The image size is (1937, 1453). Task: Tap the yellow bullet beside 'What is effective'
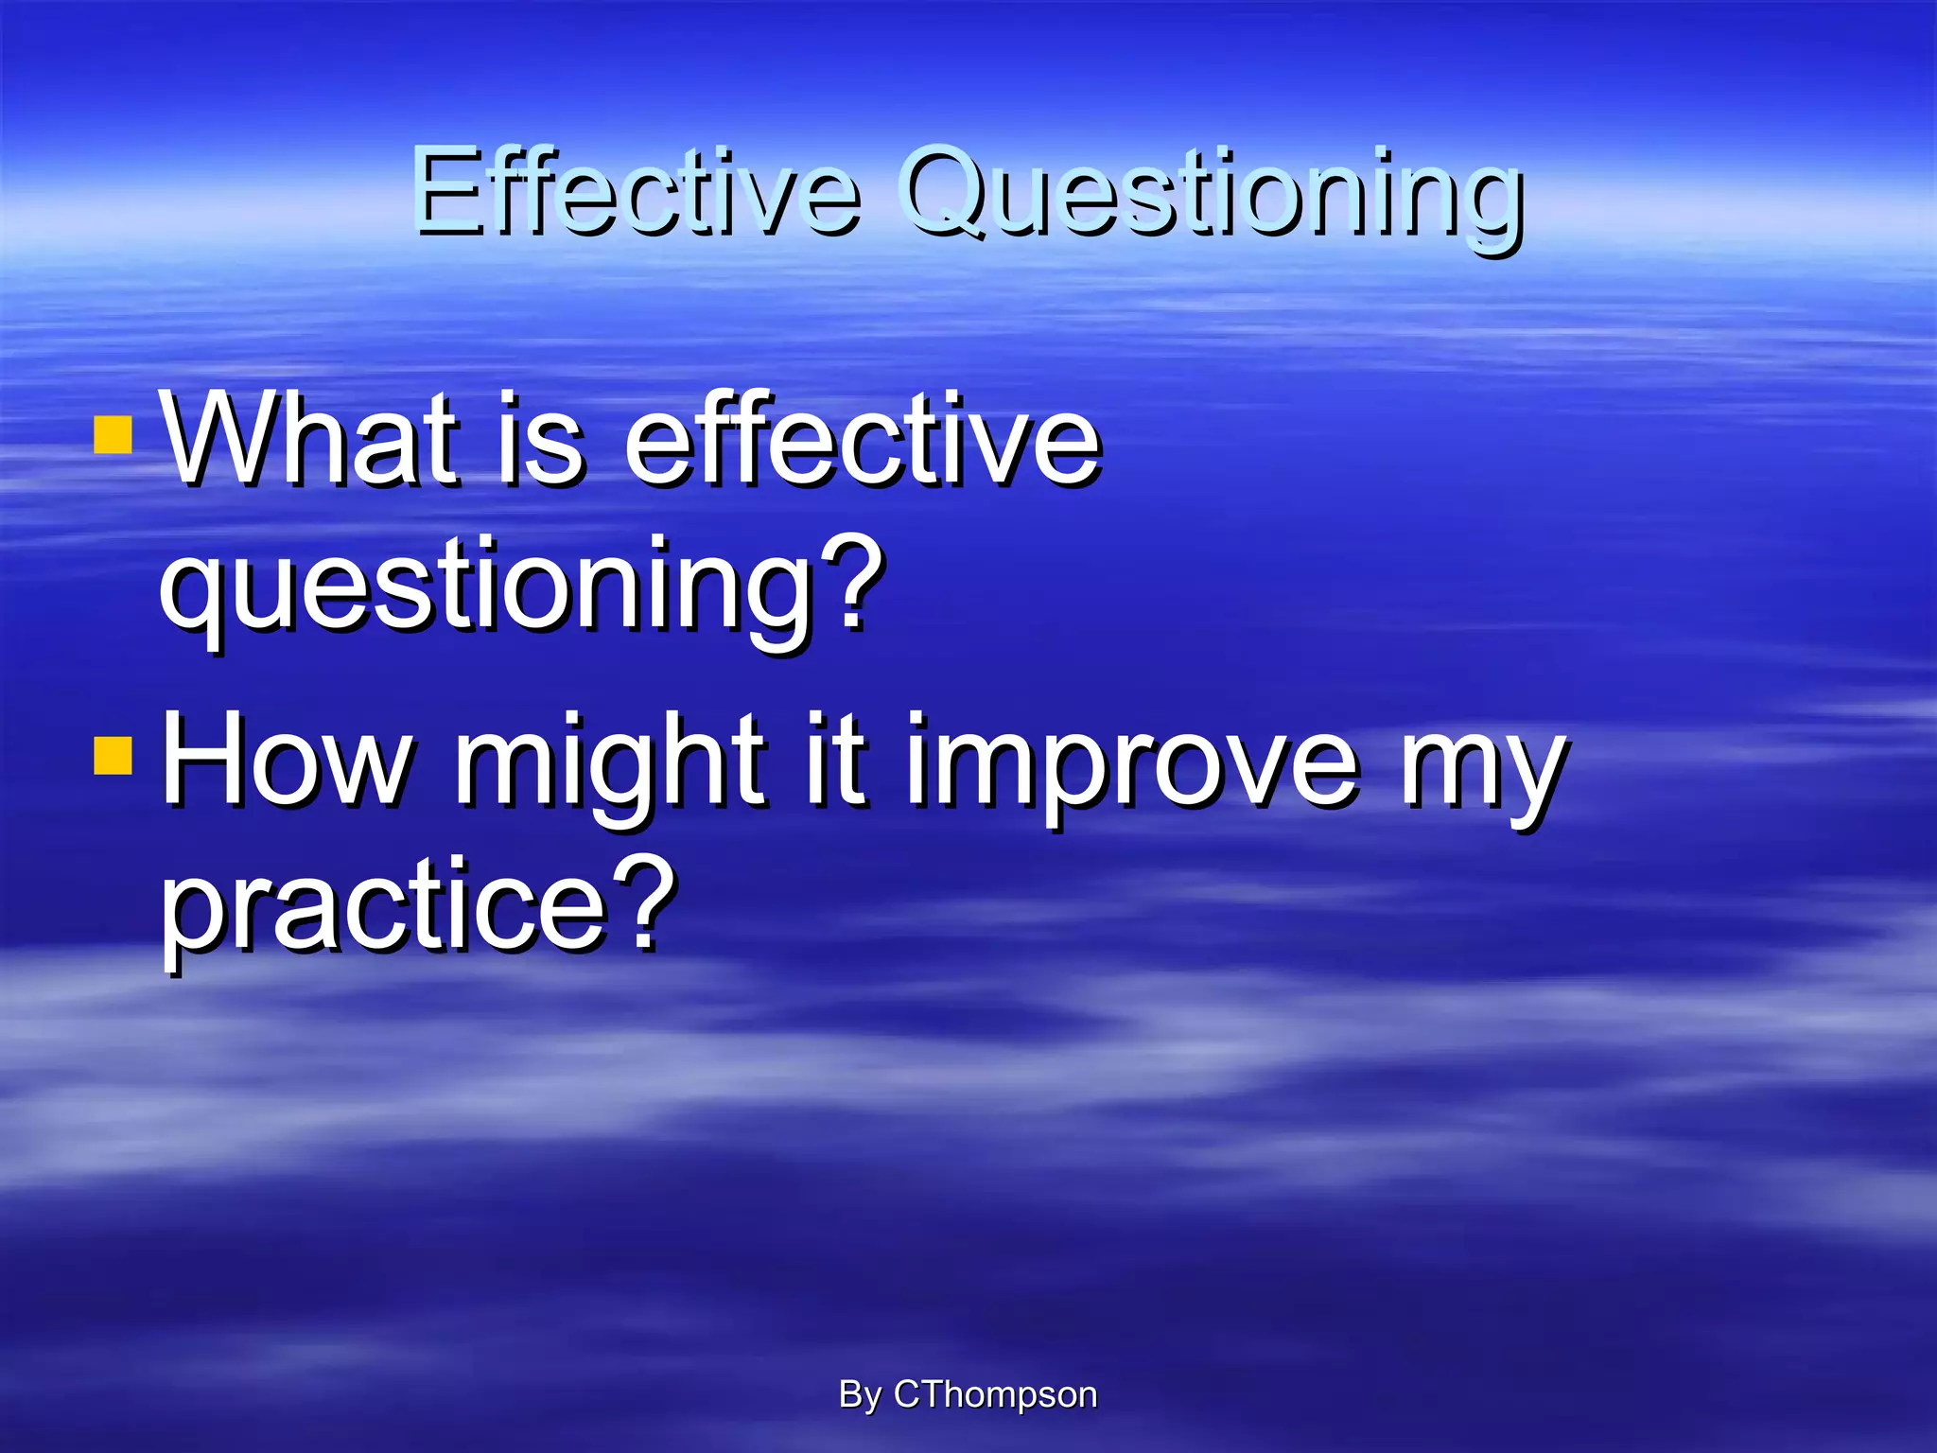113,437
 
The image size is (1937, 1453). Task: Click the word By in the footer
859,1395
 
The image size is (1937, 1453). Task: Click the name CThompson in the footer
995,1395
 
